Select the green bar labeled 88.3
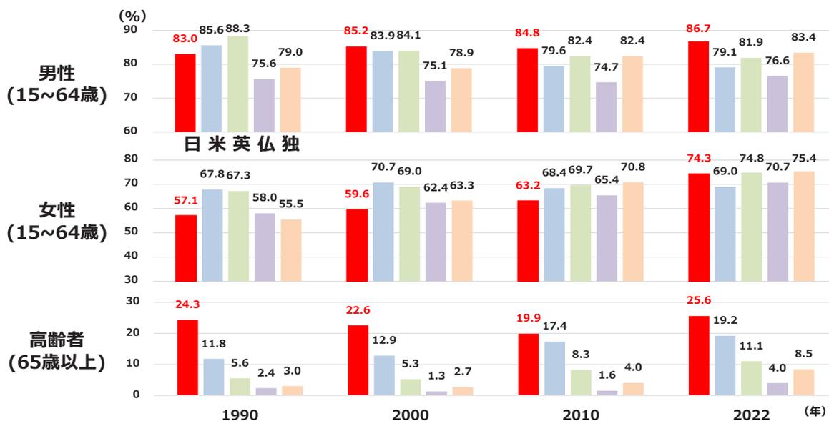[239, 84]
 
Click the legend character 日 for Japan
[192, 144]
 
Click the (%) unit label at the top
[131, 14]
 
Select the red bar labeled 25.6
[698, 355]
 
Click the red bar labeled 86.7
[698, 86]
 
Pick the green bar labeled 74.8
[750, 227]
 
